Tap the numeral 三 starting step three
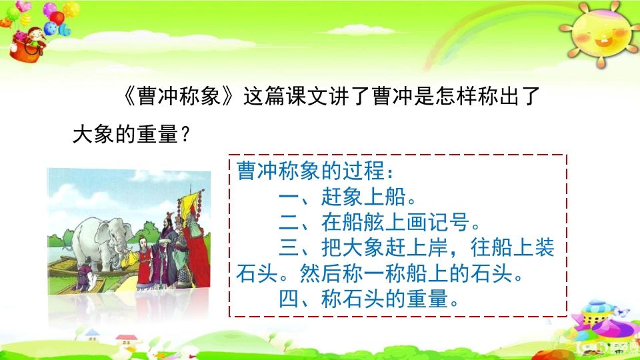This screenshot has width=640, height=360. click(288, 248)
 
